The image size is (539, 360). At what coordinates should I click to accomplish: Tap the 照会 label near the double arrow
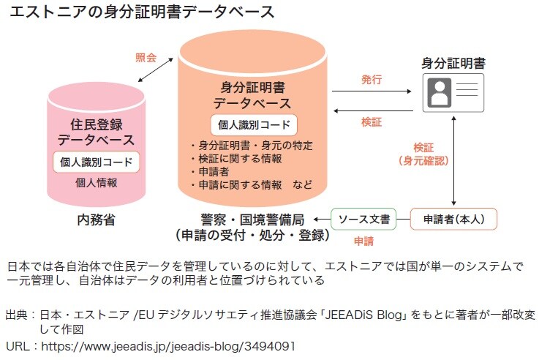click(x=146, y=57)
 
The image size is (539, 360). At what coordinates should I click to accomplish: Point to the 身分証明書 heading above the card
click(x=453, y=64)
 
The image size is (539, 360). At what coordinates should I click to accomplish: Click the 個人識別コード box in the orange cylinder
click(x=254, y=124)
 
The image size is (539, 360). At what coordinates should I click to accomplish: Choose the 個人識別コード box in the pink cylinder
click(x=96, y=162)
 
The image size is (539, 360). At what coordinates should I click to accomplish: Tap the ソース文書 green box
click(x=363, y=218)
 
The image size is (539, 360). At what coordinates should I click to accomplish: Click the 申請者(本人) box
click(x=454, y=218)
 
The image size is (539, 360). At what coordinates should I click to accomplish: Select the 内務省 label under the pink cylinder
click(x=97, y=219)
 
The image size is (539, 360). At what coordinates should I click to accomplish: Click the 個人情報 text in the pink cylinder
click(x=96, y=182)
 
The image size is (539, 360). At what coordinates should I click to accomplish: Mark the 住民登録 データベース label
click(x=96, y=130)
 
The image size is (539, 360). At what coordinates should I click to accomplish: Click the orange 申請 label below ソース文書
click(x=363, y=240)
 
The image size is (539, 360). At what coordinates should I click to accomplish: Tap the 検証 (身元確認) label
click(x=423, y=153)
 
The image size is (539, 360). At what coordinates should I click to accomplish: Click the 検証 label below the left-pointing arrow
click(x=371, y=122)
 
